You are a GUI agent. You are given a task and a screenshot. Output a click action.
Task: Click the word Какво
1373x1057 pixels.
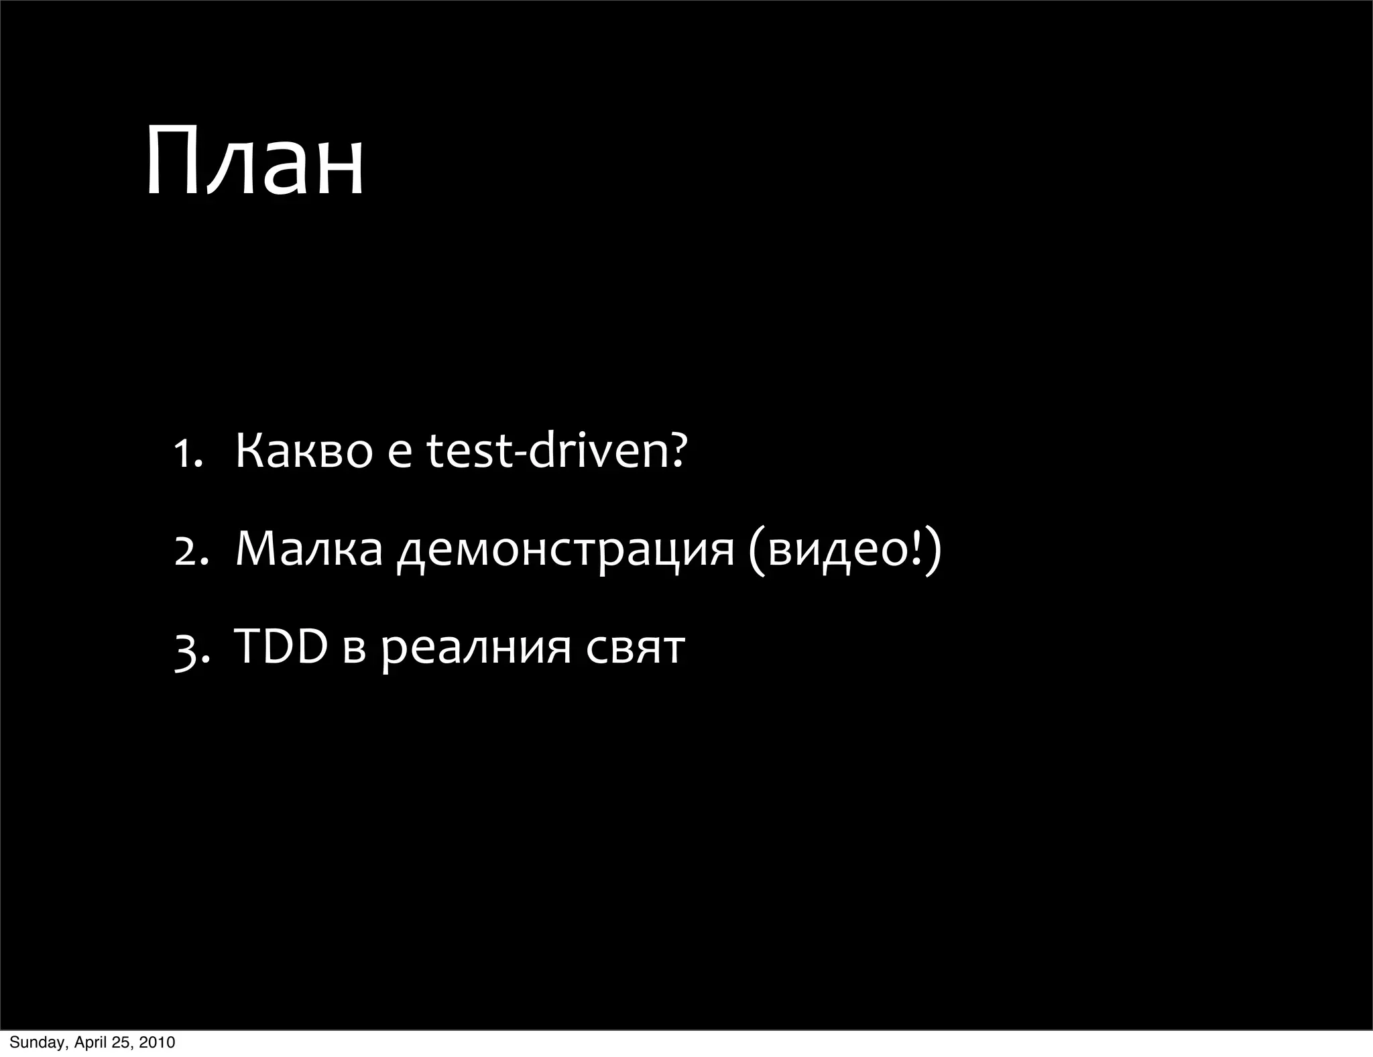coord(303,451)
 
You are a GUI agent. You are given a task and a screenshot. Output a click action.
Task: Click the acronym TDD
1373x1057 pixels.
coord(280,647)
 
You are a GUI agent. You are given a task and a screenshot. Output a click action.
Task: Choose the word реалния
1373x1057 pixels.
coord(477,649)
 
